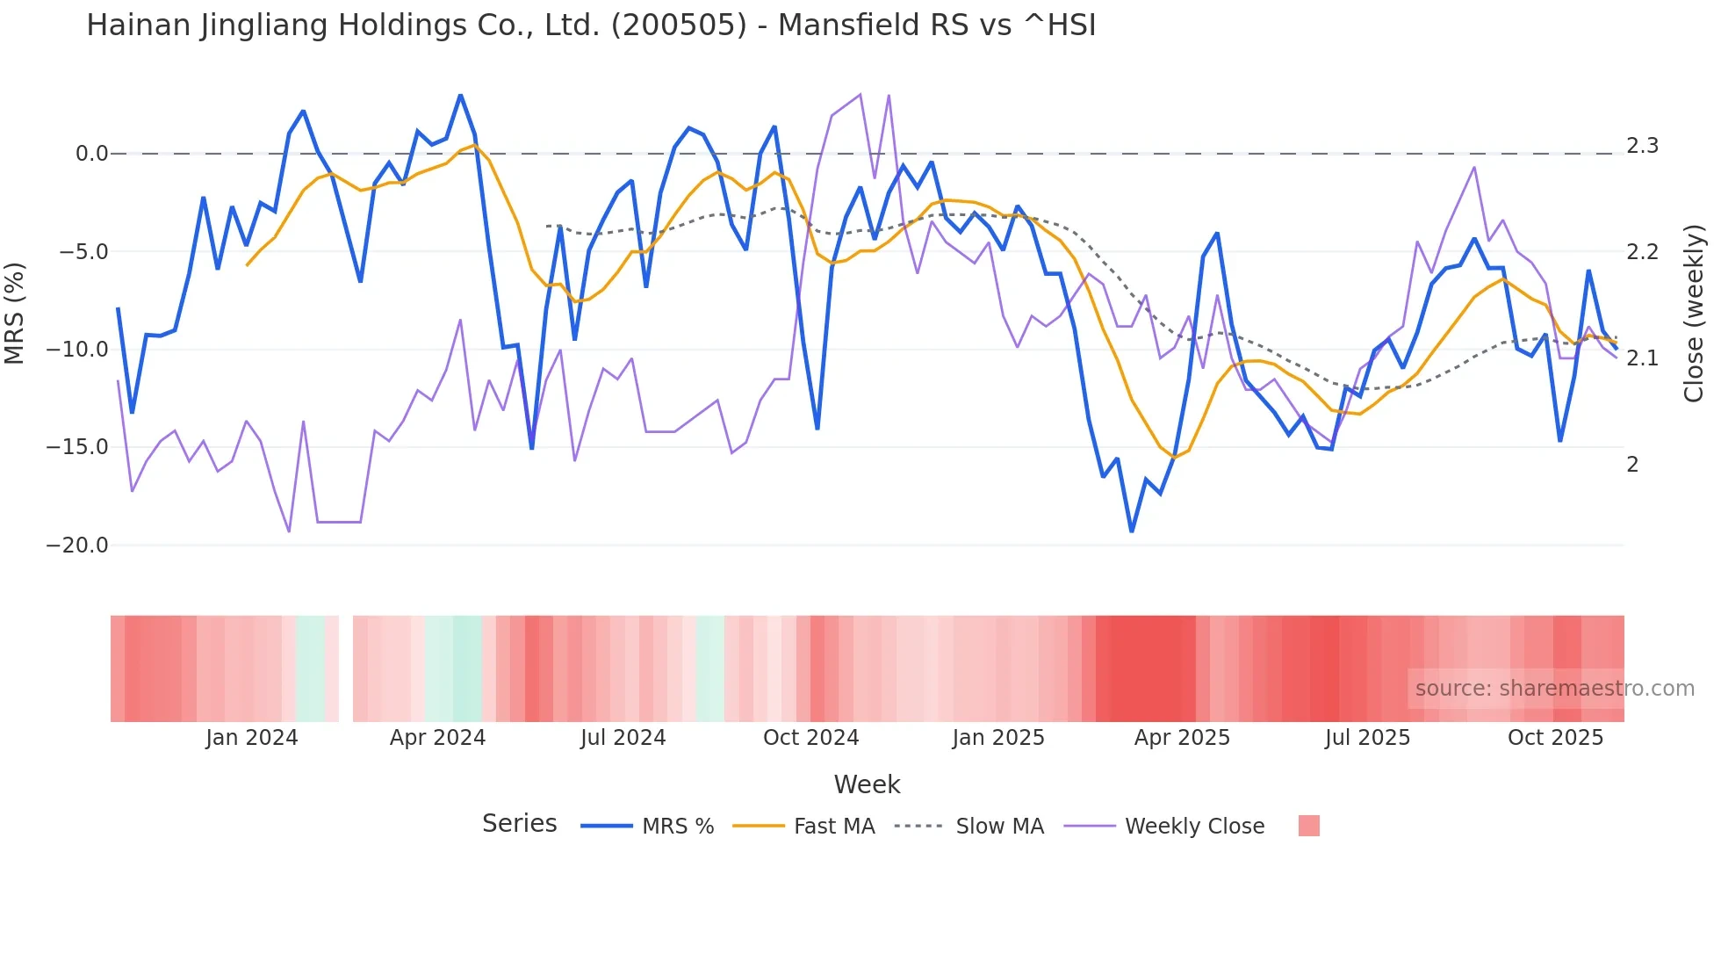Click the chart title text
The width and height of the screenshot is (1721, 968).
pyautogui.click(x=590, y=25)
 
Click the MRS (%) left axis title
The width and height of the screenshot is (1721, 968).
pyautogui.click(x=15, y=313)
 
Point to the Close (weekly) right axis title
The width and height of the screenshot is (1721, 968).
pyautogui.click(x=1694, y=313)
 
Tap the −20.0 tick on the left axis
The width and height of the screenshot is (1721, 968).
pyautogui.click(x=77, y=545)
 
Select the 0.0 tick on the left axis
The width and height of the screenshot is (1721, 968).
pyautogui.click(x=91, y=154)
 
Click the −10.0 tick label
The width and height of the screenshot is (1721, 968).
pyautogui.click(x=77, y=350)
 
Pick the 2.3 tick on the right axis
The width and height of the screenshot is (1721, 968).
pyautogui.click(x=1642, y=146)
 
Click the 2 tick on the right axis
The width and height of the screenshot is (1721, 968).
pyautogui.click(x=1632, y=465)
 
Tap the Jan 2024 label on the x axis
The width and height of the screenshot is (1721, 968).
pyautogui.click(x=252, y=738)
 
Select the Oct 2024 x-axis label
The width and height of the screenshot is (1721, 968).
pyautogui.click(x=810, y=738)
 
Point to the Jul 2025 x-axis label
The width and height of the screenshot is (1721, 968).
pyautogui.click(x=1367, y=738)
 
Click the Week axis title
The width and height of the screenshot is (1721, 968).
pyautogui.click(x=867, y=784)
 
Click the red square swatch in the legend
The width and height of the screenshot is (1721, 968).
pyautogui.click(x=1308, y=826)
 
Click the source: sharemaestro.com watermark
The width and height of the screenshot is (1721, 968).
pyautogui.click(x=1554, y=689)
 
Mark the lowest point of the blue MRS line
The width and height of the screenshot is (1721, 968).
pyautogui.click(x=1132, y=531)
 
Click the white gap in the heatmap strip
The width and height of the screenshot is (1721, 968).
pyautogui.click(x=346, y=668)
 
